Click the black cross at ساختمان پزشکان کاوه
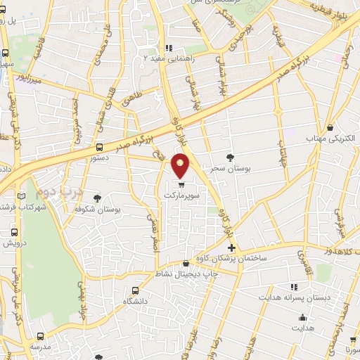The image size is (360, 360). point(231,247)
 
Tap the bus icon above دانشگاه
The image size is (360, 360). point(135,290)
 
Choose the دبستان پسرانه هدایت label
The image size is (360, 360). point(303,297)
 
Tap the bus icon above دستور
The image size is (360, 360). point(99,148)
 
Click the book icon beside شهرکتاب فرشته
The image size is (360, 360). point(22,195)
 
